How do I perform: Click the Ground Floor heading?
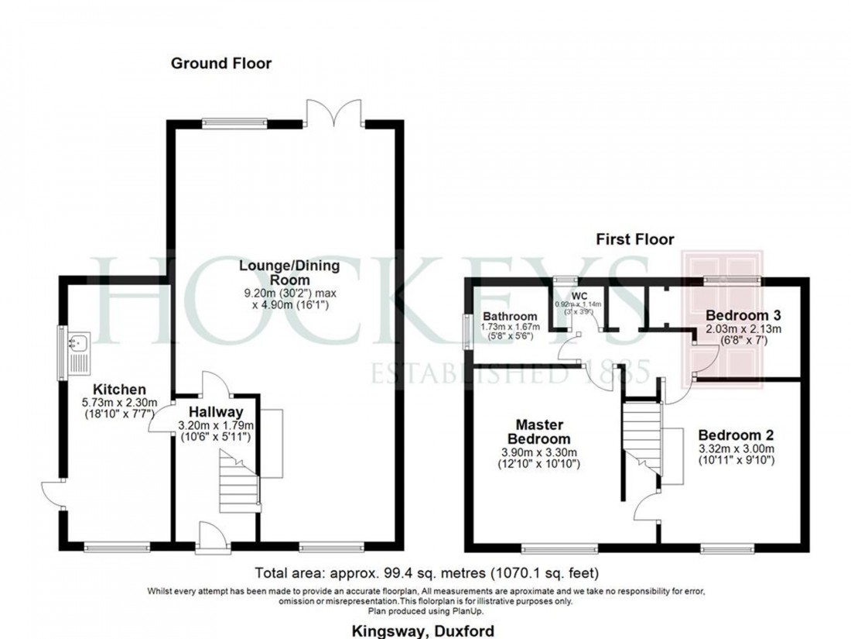pyautogui.click(x=221, y=64)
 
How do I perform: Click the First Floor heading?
pyautogui.click(x=634, y=239)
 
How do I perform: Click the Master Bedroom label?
pyautogui.click(x=541, y=432)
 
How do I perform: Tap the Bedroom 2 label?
pyautogui.click(x=736, y=435)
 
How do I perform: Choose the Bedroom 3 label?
pyautogui.click(x=743, y=315)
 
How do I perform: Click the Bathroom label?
pyautogui.click(x=510, y=317)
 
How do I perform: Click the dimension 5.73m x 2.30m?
pyautogui.click(x=120, y=402)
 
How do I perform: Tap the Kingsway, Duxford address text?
pyautogui.click(x=425, y=630)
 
